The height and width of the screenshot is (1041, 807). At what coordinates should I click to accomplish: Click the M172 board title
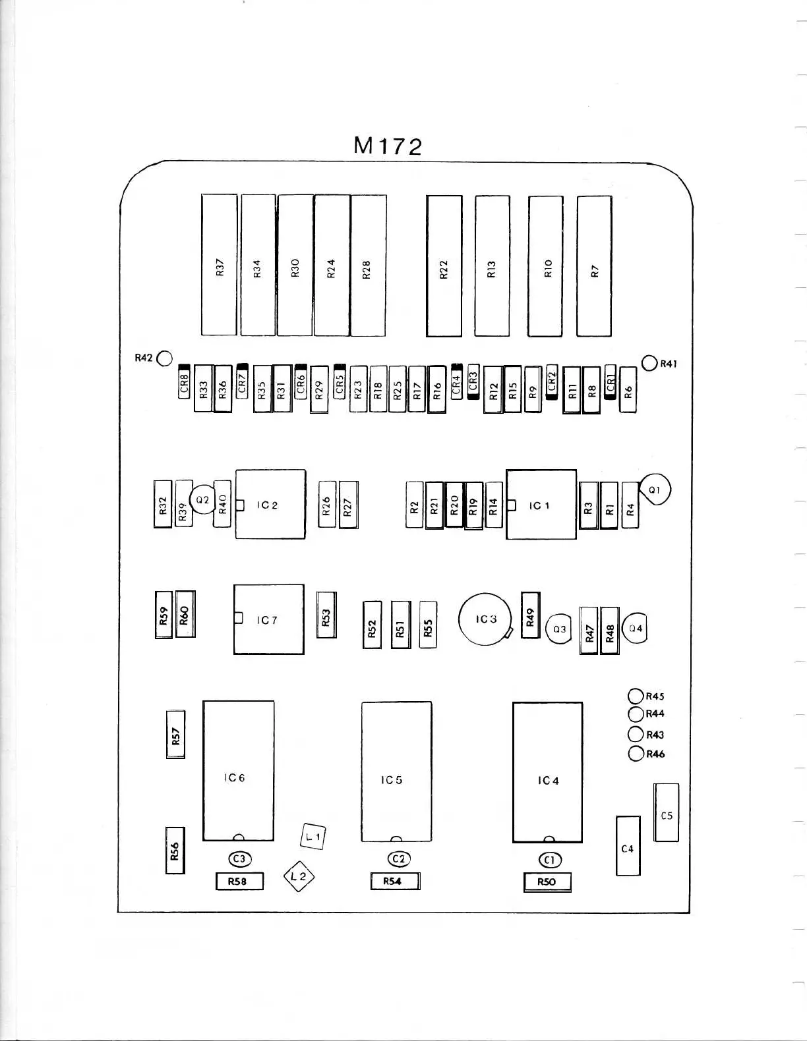(388, 146)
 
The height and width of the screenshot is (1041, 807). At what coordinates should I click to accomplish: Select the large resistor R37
(219, 265)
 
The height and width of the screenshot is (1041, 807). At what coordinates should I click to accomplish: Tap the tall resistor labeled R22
(444, 266)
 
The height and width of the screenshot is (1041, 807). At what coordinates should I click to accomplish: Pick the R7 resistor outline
(594, 266)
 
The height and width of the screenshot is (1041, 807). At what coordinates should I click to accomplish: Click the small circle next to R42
(164, 358)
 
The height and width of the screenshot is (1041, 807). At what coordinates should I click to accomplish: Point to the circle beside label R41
(649, 363)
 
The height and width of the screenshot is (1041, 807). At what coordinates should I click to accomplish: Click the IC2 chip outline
(270, 504)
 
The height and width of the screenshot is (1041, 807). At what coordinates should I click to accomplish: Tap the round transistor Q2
(202, 501)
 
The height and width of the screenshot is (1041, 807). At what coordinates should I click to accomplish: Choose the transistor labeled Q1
(655, 490)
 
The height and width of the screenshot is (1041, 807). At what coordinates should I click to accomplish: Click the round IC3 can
(485, 619)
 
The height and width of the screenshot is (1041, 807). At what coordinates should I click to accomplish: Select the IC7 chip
(269, 619)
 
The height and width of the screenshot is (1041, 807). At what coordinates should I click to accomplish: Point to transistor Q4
(635, 629)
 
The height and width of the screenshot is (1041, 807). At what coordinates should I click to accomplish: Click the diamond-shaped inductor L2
(299, 876)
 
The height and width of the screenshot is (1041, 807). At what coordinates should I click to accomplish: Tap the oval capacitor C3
(239, 858)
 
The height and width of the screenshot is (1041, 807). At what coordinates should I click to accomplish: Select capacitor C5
(666, 812)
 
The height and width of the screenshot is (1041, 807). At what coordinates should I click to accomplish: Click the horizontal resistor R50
(547, 882)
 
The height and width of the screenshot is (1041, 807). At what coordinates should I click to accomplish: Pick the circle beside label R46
(636, 754)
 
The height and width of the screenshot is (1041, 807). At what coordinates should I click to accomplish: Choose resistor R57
(175, 734)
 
